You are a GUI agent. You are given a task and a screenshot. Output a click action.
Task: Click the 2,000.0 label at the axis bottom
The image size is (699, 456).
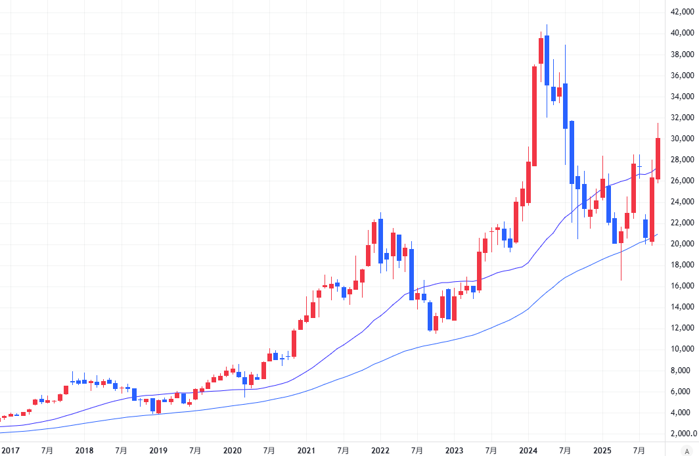[x=683, y=434]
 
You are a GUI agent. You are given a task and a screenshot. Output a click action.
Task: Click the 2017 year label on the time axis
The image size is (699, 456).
[x=11, y=451]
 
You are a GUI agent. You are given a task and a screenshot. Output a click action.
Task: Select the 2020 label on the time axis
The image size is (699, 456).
[x=232, y=451]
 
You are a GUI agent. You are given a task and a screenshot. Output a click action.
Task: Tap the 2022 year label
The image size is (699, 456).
[x=380, y=451]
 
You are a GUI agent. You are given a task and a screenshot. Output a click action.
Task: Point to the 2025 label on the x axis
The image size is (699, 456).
[x=602, y=451]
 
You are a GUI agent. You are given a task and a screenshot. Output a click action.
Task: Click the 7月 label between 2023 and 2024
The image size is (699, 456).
[x=491, y=451]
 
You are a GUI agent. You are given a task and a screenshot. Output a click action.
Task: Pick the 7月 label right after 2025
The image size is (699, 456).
[x=639, y=451]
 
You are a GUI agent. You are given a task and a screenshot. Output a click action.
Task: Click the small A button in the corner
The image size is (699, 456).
[x=687, y=451]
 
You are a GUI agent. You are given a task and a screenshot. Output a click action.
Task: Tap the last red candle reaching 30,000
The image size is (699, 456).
[x=658, y=158]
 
